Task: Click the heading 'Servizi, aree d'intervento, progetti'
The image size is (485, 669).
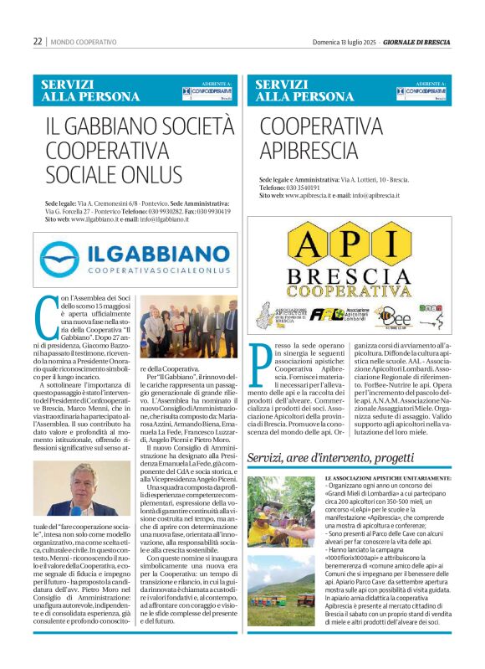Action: [330, 458]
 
